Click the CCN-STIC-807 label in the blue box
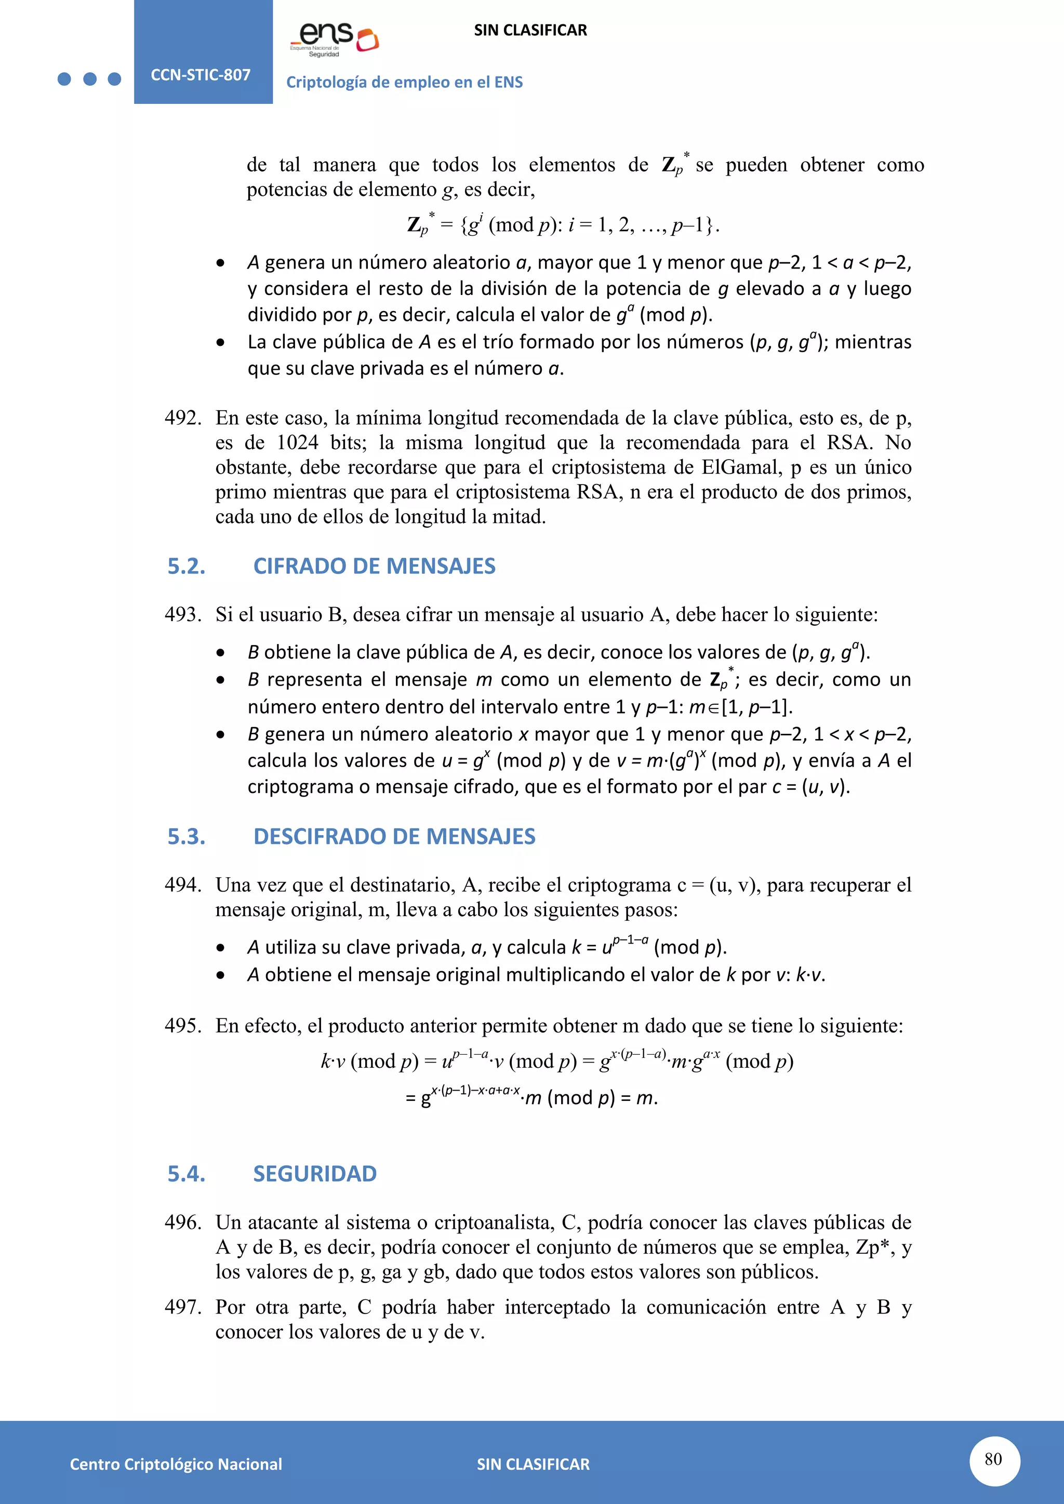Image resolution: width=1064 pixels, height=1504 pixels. point(201,75)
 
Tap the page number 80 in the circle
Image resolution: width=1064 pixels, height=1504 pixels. point(993,1459)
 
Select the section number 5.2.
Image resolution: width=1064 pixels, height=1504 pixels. point(186,566)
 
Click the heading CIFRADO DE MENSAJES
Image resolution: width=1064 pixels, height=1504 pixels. point(374,566)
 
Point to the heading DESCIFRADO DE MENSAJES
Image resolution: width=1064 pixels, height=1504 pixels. point(394,837)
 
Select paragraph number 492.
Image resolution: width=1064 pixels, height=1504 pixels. point(182,418)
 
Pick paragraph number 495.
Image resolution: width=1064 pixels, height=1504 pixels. point(182,1026)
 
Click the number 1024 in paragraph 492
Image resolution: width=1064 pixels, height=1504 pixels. point(298,443)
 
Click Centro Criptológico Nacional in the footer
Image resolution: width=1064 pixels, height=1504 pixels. point(176,1464)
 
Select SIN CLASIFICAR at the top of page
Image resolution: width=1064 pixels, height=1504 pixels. point(530,30)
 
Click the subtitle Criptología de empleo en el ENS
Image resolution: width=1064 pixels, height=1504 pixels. point(404,83)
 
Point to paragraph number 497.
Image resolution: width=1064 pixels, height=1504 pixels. point(182,1307)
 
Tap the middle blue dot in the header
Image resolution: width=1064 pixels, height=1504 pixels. point(90,79)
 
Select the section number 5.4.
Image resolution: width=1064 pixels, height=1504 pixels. point(186,1173)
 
